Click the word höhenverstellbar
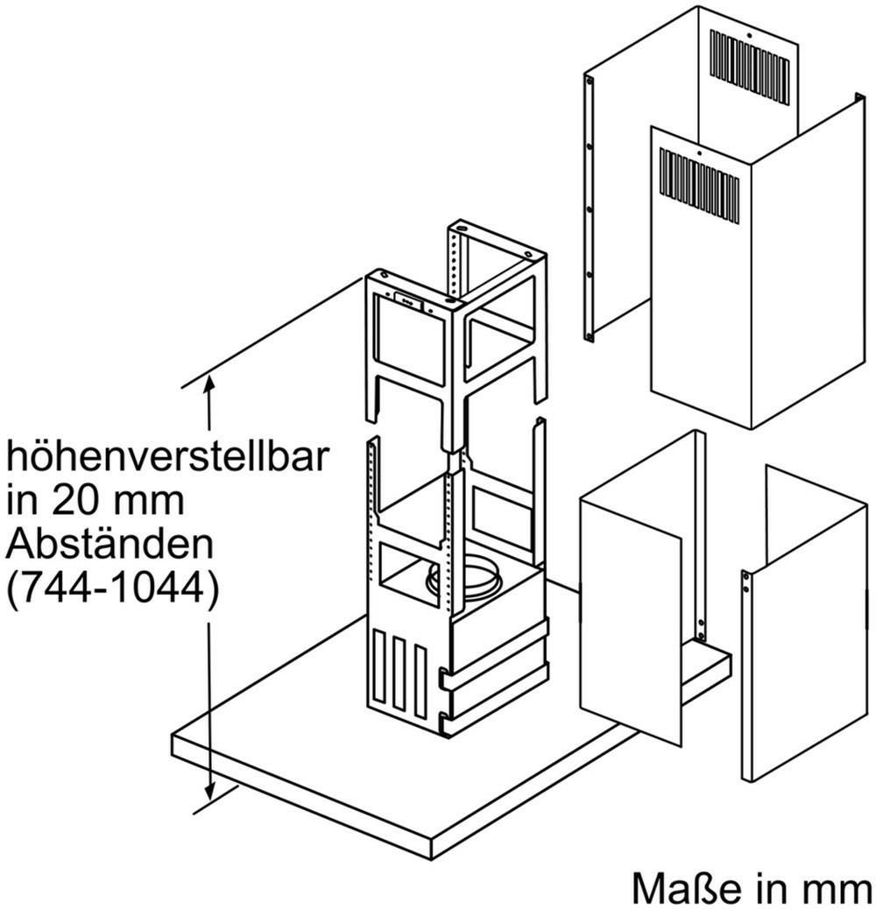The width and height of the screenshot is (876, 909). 167,456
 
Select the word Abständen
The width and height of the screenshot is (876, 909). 109,543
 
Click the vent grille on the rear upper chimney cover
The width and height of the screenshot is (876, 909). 750,68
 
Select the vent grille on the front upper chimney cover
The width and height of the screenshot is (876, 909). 699,186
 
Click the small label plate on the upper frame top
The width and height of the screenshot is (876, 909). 409,299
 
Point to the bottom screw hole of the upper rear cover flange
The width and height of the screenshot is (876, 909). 589,335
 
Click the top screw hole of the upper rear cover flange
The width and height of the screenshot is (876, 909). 589,82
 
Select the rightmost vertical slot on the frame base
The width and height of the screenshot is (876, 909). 420,681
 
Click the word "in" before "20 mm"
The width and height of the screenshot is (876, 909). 24,500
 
